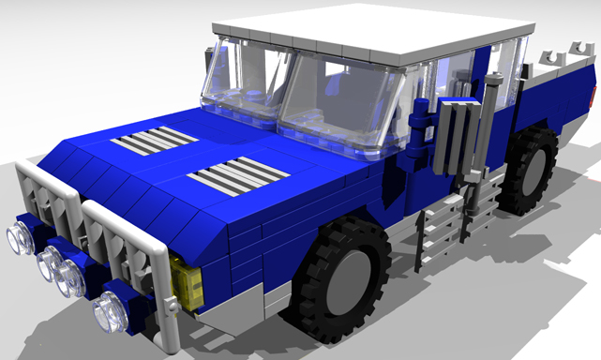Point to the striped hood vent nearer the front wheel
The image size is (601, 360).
click(x=235, y=175)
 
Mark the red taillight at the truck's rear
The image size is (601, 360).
click(x=593, y=97)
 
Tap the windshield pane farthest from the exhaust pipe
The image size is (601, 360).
click(x=239, y=80)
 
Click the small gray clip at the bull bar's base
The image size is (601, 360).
click(x=171, y=305)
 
